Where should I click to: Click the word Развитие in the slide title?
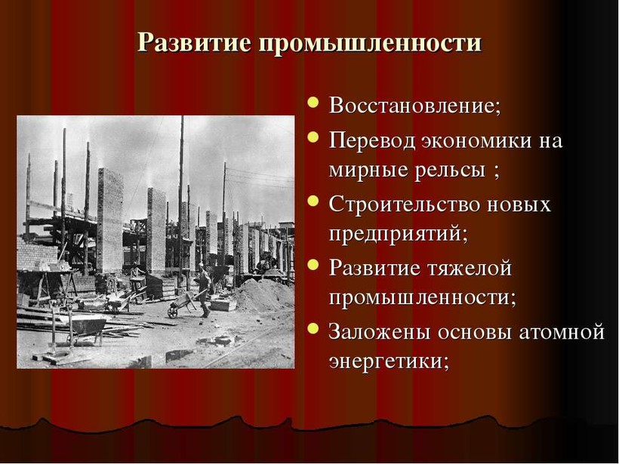coord(194,41)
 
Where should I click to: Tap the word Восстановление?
coord(415,106)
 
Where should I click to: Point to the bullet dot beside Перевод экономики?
coord(313,137)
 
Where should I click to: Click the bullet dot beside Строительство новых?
coord(313,201)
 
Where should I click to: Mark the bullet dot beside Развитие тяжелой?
coord(313,264)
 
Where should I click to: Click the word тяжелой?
coord(469,269)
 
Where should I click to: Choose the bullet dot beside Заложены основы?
coord(313,328)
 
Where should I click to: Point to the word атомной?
coord(561,332)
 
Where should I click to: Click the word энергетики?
coord(390,362)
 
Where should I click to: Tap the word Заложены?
coord(380,332)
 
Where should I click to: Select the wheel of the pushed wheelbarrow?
coord(173,312)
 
